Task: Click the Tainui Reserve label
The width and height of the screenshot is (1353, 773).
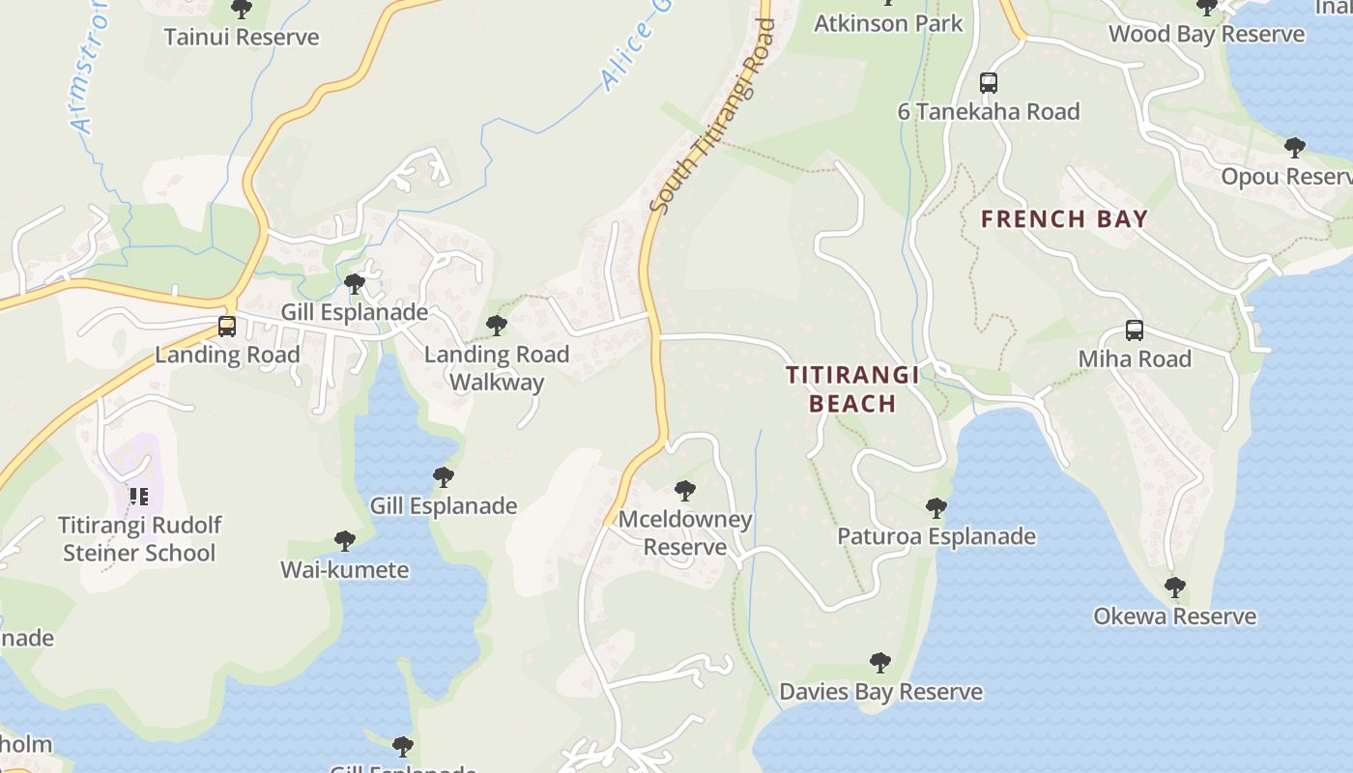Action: (x=241, y=38)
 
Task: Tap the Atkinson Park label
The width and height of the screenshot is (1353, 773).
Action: (x=888, y=23)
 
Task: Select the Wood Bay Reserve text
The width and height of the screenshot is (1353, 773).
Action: (x=1206, y=35)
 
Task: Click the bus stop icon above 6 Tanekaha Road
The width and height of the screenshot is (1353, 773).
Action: (x=988, y=83)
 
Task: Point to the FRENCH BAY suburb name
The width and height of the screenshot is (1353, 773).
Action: (x=1064, y=219)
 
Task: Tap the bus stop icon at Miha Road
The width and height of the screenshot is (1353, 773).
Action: (x=1134, y=330)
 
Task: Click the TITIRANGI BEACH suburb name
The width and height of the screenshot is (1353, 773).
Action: (x=852, y=388)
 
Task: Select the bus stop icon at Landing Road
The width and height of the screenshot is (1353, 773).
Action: (x=227, y=327)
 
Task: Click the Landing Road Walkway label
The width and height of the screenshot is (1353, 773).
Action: (x=497, y=368)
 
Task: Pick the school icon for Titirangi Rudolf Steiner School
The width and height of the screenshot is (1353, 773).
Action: (x=138, y=497)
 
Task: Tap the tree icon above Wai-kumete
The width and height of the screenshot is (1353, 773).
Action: (x=344, y=541)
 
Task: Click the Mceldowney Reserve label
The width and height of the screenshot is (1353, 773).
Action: (x=684, y=533)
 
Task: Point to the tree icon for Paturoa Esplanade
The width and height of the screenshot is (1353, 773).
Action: (x=936, y=507)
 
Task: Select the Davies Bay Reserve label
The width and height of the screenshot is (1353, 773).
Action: (x=880, y=692)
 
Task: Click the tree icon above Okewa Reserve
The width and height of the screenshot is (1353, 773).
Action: (x=1174, y=587)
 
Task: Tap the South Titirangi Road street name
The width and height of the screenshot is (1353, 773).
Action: (x=712, y=116)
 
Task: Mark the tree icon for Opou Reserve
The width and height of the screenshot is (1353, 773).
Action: (x=1294, y=148)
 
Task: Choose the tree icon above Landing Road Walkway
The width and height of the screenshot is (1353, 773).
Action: (x=497, y=326)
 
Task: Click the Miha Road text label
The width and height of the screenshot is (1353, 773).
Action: (x=1134, y=359)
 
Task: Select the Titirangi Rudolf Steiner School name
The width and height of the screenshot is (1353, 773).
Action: (x=139, y=539)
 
